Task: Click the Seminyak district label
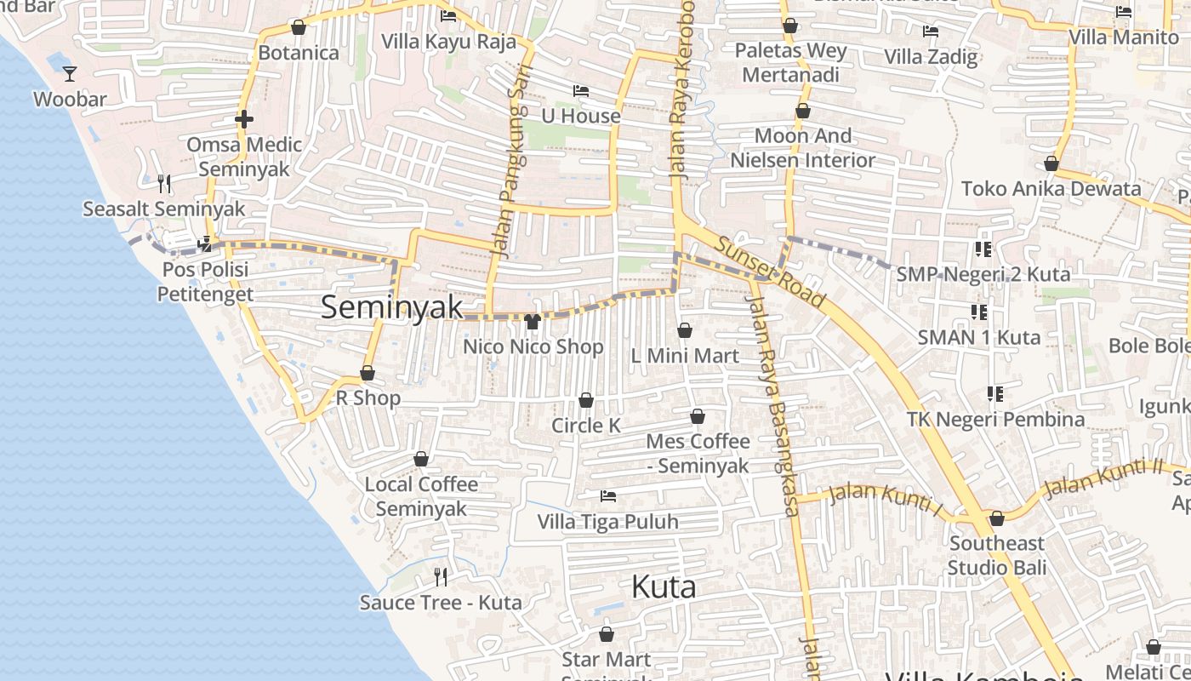point(392,307)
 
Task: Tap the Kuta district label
point(664,587)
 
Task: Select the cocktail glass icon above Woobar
point(70,75)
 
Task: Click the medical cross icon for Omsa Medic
point(244,119)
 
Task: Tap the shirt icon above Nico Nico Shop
point(533,322)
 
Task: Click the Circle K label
point(586,425)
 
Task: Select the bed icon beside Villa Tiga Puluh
point(608,495)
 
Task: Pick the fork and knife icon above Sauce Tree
point(441,577)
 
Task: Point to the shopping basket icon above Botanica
point(299,28)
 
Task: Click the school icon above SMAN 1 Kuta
point(979,312)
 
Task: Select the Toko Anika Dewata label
point(1051,188)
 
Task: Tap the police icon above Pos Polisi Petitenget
point(204,244)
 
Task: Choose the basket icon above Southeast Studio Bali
point(997,518)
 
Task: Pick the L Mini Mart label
point(685,356)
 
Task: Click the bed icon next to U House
point(581,91)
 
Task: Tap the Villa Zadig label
point(931,57)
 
